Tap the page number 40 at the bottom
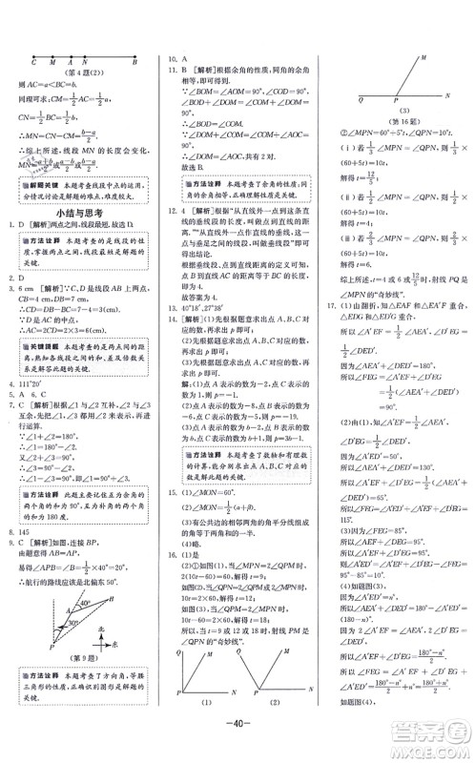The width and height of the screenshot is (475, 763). click(237, 742)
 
